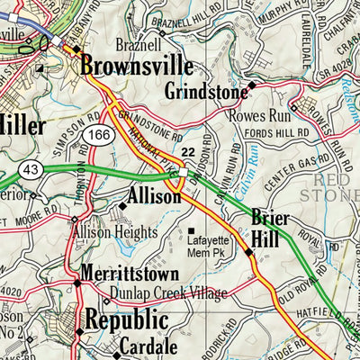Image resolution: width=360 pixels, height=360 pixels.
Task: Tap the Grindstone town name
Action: coord(206,92)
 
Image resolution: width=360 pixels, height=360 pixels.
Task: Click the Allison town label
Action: coord(155,195)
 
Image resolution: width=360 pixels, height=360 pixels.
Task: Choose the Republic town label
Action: coord(125,319)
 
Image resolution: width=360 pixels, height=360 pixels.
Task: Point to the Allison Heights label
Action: coord(115,232)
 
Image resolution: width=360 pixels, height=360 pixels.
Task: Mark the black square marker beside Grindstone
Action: coord(253,85)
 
